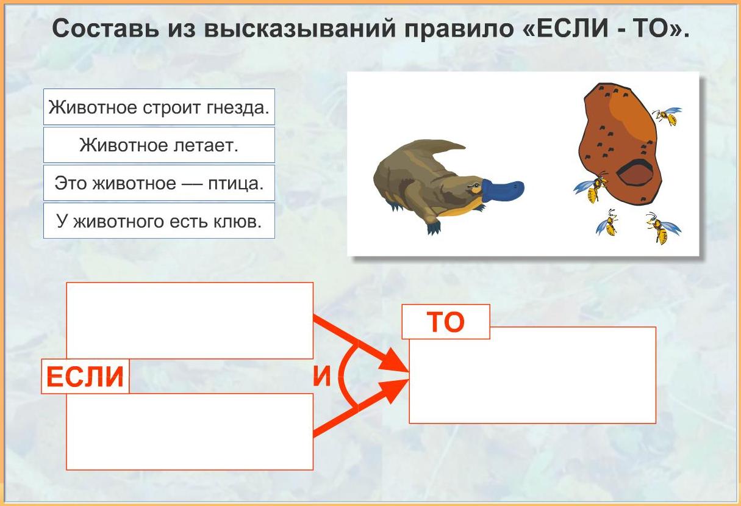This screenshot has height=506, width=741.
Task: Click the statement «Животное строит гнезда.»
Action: point(159,107)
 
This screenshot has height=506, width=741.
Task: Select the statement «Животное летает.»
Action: point(159,145)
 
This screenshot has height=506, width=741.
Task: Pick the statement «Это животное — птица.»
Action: point(159,183)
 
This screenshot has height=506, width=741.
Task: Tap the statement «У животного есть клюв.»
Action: point(159,221)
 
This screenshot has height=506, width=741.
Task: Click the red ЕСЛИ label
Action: point(85,377)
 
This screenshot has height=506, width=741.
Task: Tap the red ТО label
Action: point(446,322)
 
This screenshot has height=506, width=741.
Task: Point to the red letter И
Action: point(322,376)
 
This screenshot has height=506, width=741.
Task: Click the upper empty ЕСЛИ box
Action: point(190,320)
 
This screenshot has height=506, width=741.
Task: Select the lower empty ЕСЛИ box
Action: point(190,432)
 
